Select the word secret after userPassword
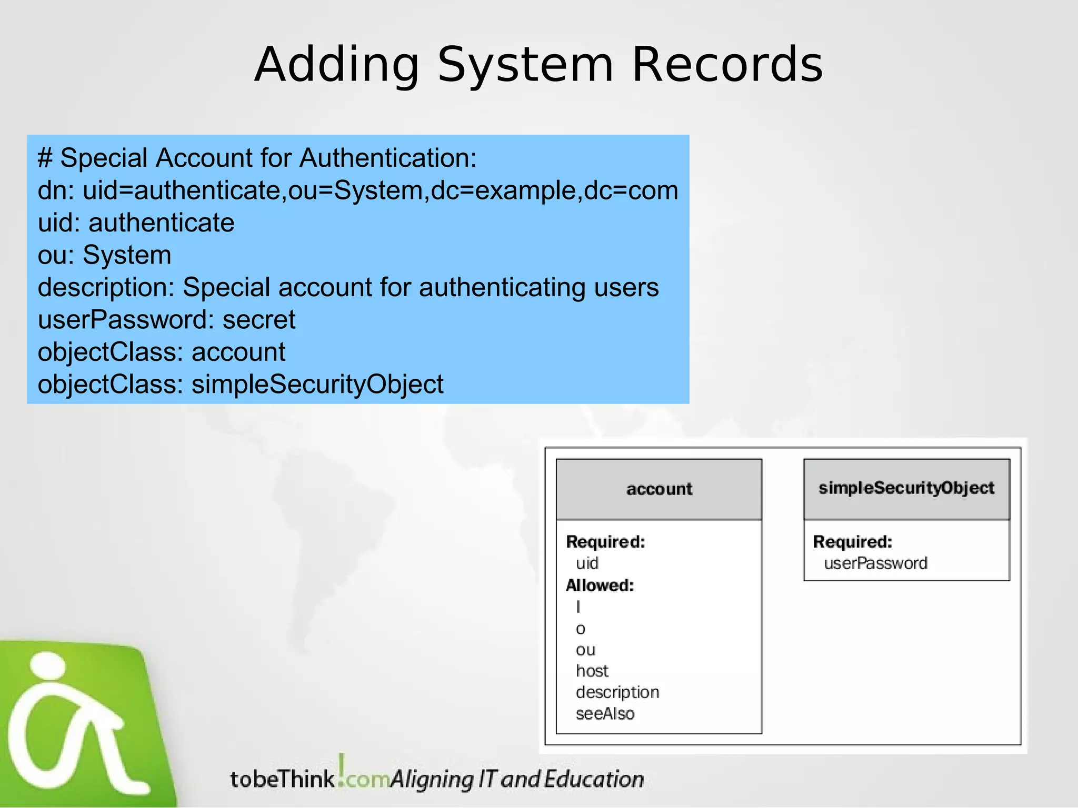pyautogui.click(x=259, y=319)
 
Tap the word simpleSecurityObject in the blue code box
pyautogui.click(x=317, y=384)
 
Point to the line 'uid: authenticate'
pyautogui.click(x=136, y=223)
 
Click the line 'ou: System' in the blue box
pyautogui.click(x=104, y=255)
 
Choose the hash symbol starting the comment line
pyautogui.click(x=45, y=158)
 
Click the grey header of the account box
pyautogui.click(x=659, y=489)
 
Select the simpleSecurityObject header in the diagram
pyautogui.click(x=906, y=488)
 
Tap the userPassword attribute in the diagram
pyautogui.click(x=876, y=563)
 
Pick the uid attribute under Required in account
pyautogui.click(x=587, y=563)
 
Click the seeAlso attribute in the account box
pyautogui.click(x=605, y=714)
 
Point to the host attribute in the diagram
pyautogui.click(x=592, y=671)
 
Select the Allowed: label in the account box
pyautogui.click(x=600, y=585)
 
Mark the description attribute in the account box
pyautogui.click(x=617, y=692)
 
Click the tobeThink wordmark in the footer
pyautogui.click(x=283, y=779)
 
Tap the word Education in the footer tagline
pyautogui.click(x=594, y=779)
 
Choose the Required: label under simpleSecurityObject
pyautogui.click(x=853, y=541)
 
